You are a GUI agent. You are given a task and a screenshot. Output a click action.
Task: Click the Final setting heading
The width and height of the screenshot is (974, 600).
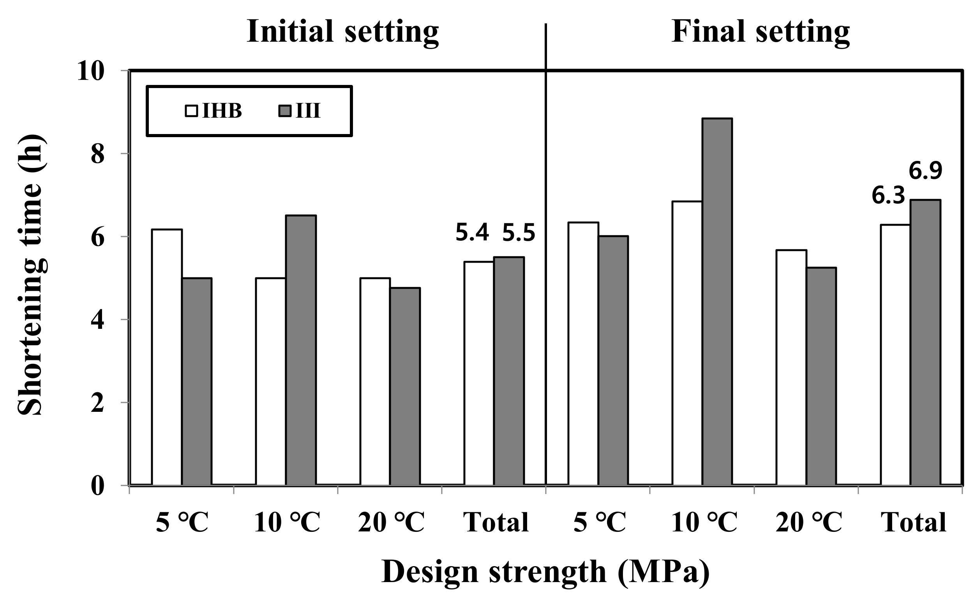tap(760, 32)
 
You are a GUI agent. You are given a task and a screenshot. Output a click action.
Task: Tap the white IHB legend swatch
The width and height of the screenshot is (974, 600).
tap(191, 111)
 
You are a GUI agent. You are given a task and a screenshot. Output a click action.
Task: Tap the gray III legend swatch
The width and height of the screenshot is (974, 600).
tap(285, 111)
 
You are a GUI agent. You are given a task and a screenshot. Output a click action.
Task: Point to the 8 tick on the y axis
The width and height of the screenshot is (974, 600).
tap(98, 154)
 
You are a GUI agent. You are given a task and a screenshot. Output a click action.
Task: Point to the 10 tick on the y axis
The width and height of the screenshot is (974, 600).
tap(90, 72)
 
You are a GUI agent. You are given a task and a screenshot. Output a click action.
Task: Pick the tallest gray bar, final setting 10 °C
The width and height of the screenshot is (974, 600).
tap(717, 302)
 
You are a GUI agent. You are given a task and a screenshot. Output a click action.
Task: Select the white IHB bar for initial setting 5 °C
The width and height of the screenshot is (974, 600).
tap(167, 357)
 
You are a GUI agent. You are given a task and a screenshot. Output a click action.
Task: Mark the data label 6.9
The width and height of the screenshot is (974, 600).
tap(925, 171)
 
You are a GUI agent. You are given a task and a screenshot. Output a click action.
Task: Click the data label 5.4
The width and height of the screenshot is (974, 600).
tap(472, 233)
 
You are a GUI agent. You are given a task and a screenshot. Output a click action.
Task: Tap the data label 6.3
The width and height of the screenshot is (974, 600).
tap(888, 196)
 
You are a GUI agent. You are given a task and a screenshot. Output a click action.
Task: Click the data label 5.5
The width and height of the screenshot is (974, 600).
tap(519, 233)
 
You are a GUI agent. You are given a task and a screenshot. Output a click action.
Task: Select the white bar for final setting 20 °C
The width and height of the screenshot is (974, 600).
tap(791, 367)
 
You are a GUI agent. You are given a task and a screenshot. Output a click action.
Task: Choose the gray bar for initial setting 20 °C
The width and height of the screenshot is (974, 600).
tap(405, 386)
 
